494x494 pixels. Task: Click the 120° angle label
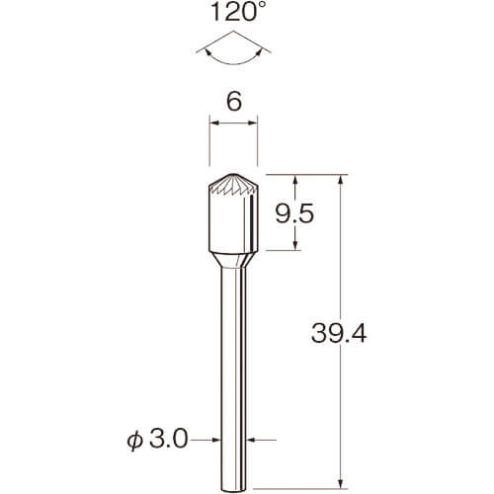coord(234,12)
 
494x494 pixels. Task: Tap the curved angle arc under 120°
coord(234,62)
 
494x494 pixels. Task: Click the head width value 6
coord(234,101)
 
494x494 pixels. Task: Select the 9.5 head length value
coord(294,213)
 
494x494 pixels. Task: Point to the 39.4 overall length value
coord(339,333)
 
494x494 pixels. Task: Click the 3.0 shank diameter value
coord(169,439)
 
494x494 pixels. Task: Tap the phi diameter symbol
coord(135,441)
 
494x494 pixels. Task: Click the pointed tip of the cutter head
coord(233,174)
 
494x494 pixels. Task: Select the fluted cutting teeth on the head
coord(233,185)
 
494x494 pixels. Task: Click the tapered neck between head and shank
coord(233,260)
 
